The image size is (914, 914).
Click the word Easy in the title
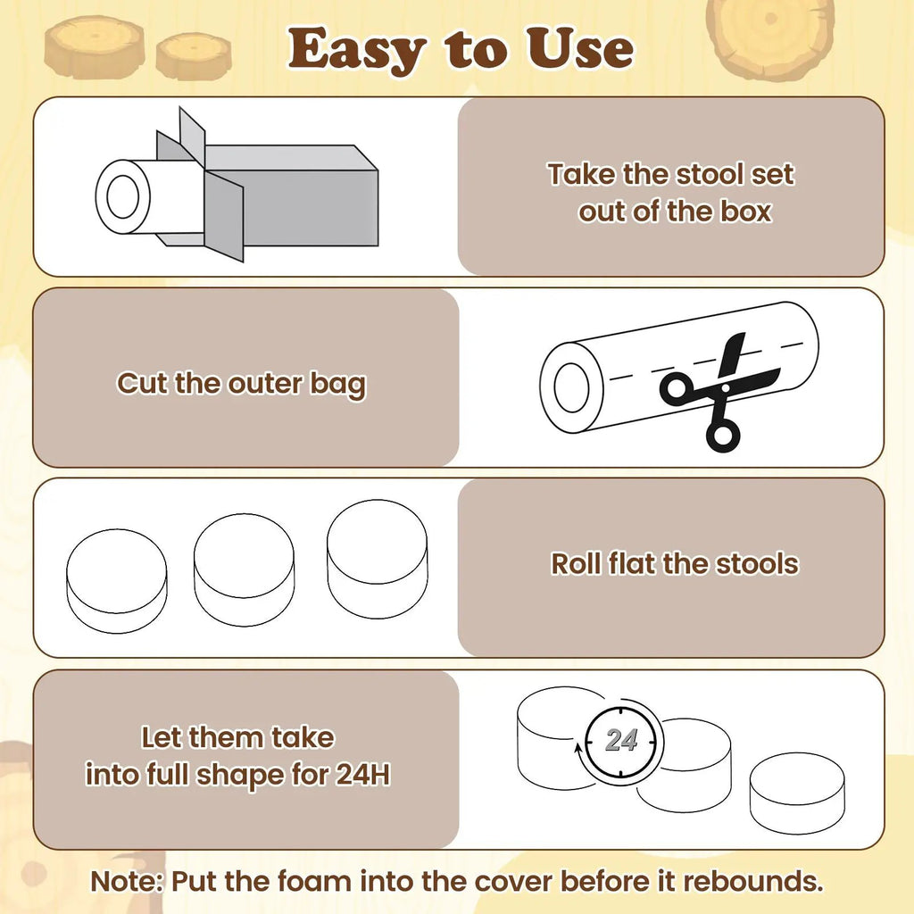point(357,51)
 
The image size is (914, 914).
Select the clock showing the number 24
point(622,741)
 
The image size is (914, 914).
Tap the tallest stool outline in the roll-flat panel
point(378,559)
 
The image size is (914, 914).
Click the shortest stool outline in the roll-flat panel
point(117,580)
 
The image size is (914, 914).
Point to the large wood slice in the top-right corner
point(770,37)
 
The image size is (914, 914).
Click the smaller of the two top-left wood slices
point(194,55)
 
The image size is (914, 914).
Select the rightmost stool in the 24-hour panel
point(797,794)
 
